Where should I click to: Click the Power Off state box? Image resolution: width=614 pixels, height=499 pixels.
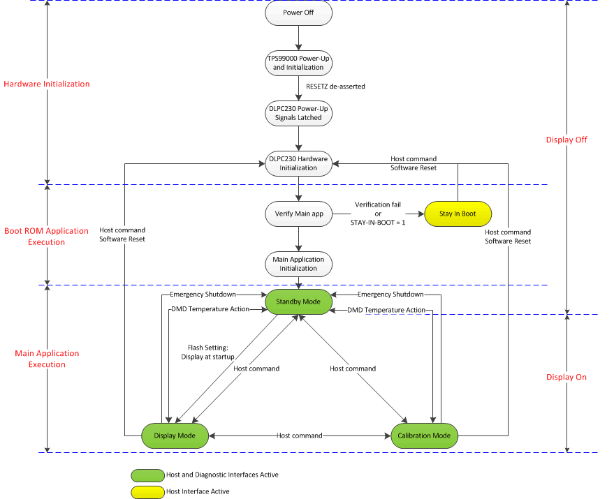tap(298, 13)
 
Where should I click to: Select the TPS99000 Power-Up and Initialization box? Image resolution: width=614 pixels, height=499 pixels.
tap(298, 63)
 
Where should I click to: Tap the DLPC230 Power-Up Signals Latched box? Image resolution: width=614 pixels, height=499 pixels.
tap(298, 113)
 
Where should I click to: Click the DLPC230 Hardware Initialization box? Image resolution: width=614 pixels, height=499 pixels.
tap(298, 163)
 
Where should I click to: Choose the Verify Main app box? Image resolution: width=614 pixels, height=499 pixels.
tap(298, 214)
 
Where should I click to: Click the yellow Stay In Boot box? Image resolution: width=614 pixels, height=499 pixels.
tap(458, 214)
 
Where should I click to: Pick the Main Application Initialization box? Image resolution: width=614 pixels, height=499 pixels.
tap(298, 264)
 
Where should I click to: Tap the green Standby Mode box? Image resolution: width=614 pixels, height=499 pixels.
tap(298, 301)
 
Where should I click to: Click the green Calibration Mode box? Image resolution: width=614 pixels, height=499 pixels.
tap(424, 435)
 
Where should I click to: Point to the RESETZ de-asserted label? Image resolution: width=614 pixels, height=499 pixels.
tap(335, 87)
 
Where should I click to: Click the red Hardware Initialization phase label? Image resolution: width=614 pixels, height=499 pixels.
tap(47, 84)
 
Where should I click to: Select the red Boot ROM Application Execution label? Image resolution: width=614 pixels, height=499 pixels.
tap(47, 237)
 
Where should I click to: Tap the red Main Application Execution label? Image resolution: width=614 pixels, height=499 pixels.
tap(47, 359)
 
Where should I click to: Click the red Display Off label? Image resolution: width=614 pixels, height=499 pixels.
tap(567, 140)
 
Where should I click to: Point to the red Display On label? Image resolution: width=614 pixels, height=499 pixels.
tap(567, 377)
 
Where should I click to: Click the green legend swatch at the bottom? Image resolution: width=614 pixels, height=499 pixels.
tap(147, 475)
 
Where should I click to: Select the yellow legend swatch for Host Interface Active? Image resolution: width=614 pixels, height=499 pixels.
tap(147, 492)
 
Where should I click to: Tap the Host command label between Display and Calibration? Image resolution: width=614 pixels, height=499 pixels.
tap(300, 435)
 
